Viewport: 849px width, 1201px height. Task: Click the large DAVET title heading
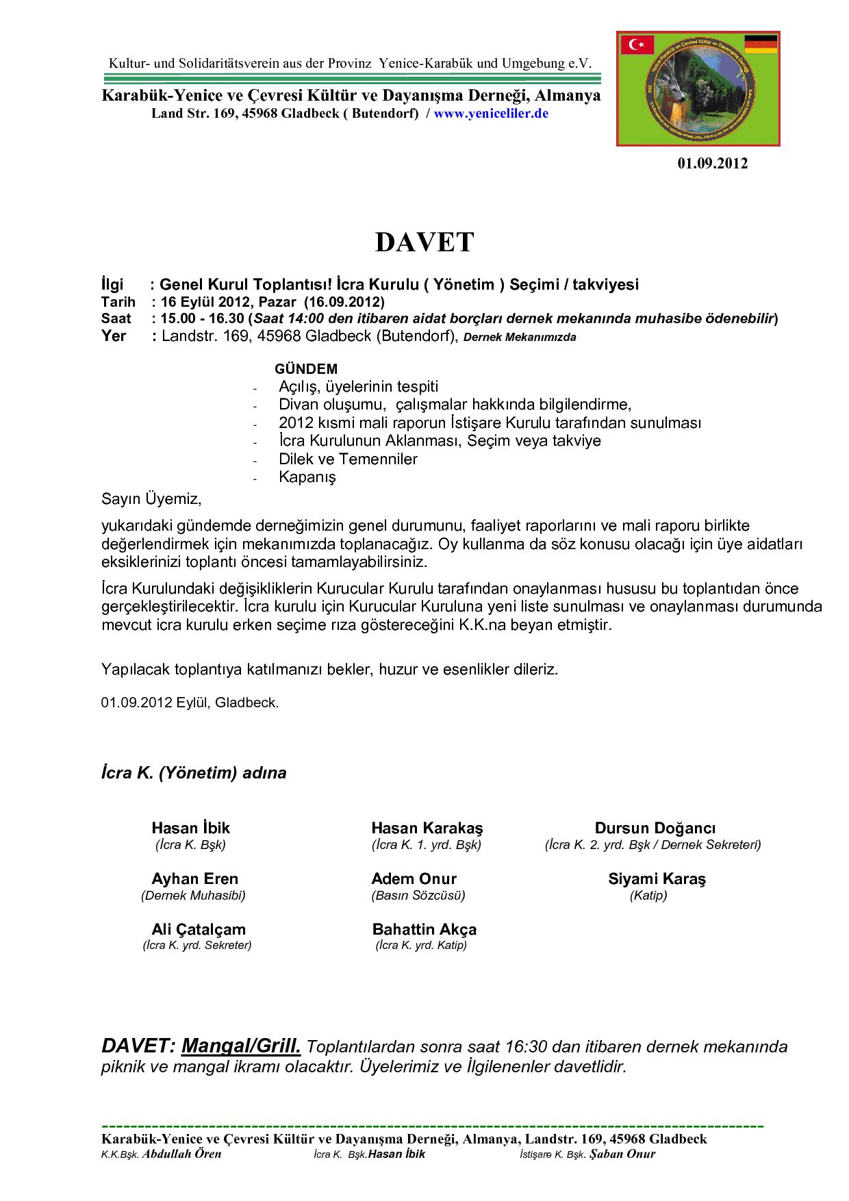[424, 242]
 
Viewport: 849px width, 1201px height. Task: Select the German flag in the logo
[760, 44]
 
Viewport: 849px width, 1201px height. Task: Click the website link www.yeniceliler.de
[491, 114]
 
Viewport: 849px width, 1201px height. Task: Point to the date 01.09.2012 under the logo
[713, 164]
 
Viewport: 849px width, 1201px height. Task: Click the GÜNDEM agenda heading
[306, 369]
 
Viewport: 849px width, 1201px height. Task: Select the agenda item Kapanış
[307, 477]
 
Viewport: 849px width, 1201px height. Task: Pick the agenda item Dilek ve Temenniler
[348, 459]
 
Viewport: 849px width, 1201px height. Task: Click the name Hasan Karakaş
[427, 828]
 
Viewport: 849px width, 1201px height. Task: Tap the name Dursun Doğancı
[655, 828]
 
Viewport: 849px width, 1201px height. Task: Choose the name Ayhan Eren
[195, 878]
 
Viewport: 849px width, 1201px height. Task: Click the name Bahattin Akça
[424, 929]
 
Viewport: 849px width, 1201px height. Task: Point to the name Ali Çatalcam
[198, 929]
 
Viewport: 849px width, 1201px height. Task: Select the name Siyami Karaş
[657, 878]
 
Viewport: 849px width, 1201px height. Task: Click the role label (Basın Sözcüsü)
[418, 895]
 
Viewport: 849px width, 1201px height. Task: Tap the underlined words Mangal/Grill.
[242, 1046]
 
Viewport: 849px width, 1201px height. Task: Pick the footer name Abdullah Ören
[181, 1154]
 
